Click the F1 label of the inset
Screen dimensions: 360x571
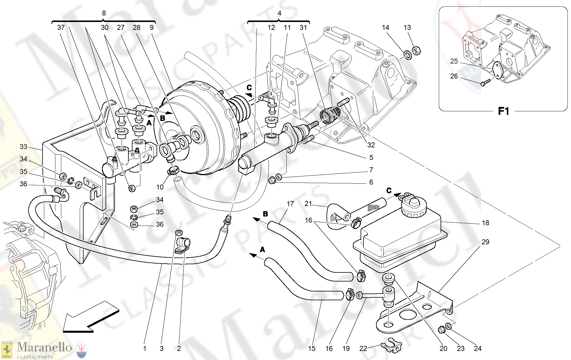(503, 111)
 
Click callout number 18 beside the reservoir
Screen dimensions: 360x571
(485, 223)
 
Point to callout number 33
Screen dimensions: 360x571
(23, 147)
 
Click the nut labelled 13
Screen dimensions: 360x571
(416, 51)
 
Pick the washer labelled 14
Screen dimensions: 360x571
(408, 54)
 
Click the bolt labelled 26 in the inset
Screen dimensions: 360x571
(485, 83)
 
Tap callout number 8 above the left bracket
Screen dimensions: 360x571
(104, 13)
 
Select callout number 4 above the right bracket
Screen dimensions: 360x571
(279, 13)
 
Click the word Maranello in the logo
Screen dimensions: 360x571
(44, 347)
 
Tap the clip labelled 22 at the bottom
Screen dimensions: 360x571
(392, 347)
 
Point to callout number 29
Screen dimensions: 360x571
(485, 242)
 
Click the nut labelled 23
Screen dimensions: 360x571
(441, 330)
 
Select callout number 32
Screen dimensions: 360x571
(371, 145)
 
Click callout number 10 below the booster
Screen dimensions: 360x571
(160, 187)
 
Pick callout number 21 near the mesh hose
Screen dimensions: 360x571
(308, 204)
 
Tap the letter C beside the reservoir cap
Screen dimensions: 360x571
(389, 191)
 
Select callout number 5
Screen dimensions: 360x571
(371, 158)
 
